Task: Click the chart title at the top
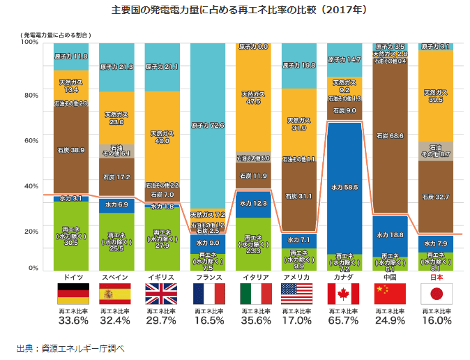click(235, 10)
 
